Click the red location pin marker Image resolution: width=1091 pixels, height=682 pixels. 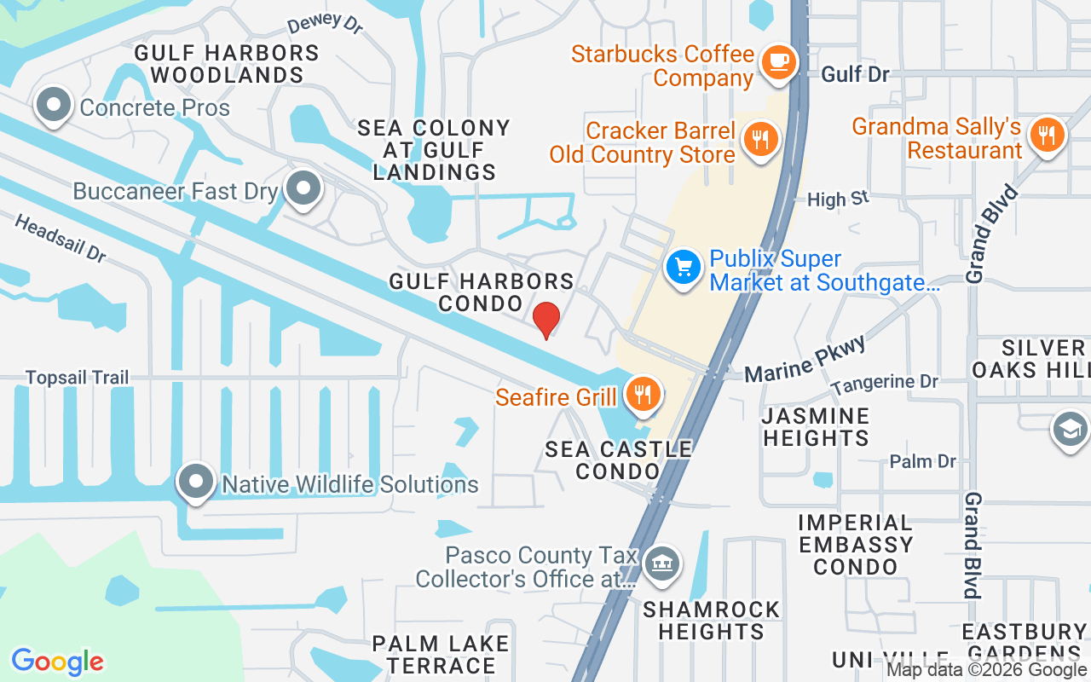pos(545,320)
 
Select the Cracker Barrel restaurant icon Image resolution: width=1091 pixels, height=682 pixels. pos(759,138)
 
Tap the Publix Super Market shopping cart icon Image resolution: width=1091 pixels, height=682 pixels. pos(683,268)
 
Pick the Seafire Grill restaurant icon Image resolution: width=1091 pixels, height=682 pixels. pos(644,394)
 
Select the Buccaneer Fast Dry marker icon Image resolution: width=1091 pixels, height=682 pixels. pos(302,188)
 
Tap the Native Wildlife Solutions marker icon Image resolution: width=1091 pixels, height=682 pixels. pos(196,482)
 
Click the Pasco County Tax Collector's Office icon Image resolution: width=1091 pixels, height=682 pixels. pos(662,564)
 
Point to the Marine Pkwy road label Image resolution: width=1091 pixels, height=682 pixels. pos(805,359)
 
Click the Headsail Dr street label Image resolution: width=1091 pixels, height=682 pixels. pos(60,238)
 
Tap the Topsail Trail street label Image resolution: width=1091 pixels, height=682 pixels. pos(77,377)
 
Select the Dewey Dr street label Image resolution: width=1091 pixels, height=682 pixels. pos(325,23)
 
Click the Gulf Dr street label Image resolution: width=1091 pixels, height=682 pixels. pos(855,74)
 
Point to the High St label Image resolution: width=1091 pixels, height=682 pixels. pos(838,199)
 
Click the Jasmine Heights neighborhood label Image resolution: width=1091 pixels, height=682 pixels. pos(816,427)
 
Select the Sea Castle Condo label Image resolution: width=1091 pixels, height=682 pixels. pos(618,459)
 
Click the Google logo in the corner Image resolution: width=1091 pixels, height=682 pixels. pos(57,661)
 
